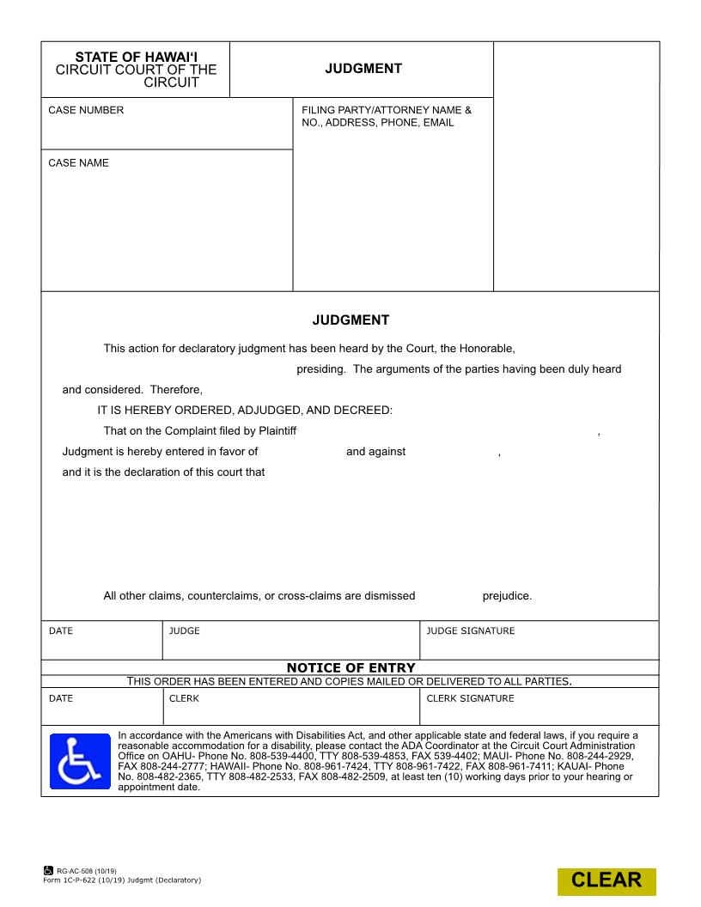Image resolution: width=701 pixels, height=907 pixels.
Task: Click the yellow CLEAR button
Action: [607, 880]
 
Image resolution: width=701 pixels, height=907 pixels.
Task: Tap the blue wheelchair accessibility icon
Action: [80, 761]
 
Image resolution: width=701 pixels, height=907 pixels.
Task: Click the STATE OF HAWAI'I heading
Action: [136, 57]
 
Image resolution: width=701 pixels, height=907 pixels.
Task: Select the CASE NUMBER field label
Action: [86, 110]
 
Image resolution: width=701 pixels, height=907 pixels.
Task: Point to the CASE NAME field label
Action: [78, 162]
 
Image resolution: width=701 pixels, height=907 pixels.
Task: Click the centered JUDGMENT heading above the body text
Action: [350, 320]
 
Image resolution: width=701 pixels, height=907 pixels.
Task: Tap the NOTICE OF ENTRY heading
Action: [350, 667]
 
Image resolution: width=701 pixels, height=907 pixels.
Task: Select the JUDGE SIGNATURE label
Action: [471, 630]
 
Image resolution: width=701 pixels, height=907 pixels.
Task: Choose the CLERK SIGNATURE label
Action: [470, 698]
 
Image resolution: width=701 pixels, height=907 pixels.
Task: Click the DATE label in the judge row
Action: [61, 630]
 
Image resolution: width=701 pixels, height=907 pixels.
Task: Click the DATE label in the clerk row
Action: [61, 698]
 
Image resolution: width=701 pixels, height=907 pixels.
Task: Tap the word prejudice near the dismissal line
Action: [506, 595]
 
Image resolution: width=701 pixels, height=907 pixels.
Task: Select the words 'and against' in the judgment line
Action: [375, 451]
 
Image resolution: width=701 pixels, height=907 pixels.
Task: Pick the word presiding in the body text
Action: [321, 368]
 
